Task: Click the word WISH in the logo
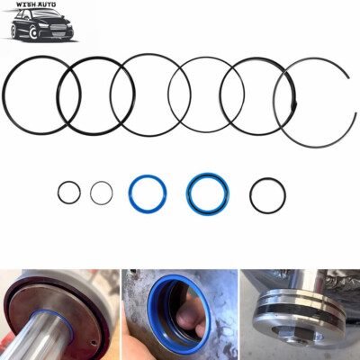tap(26, 4)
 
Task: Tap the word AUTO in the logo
tap(47, 4)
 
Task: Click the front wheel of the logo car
tap(33, 32)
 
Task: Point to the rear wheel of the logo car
tap(13, 31)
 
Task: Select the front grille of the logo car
tap(58, 27)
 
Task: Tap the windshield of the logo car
tap(45, 13)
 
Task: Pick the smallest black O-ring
tap(69, 193)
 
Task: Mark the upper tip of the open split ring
tap(348, 77)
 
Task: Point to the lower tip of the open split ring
tap(355, 113)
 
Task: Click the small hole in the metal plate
tap(94, 343)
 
